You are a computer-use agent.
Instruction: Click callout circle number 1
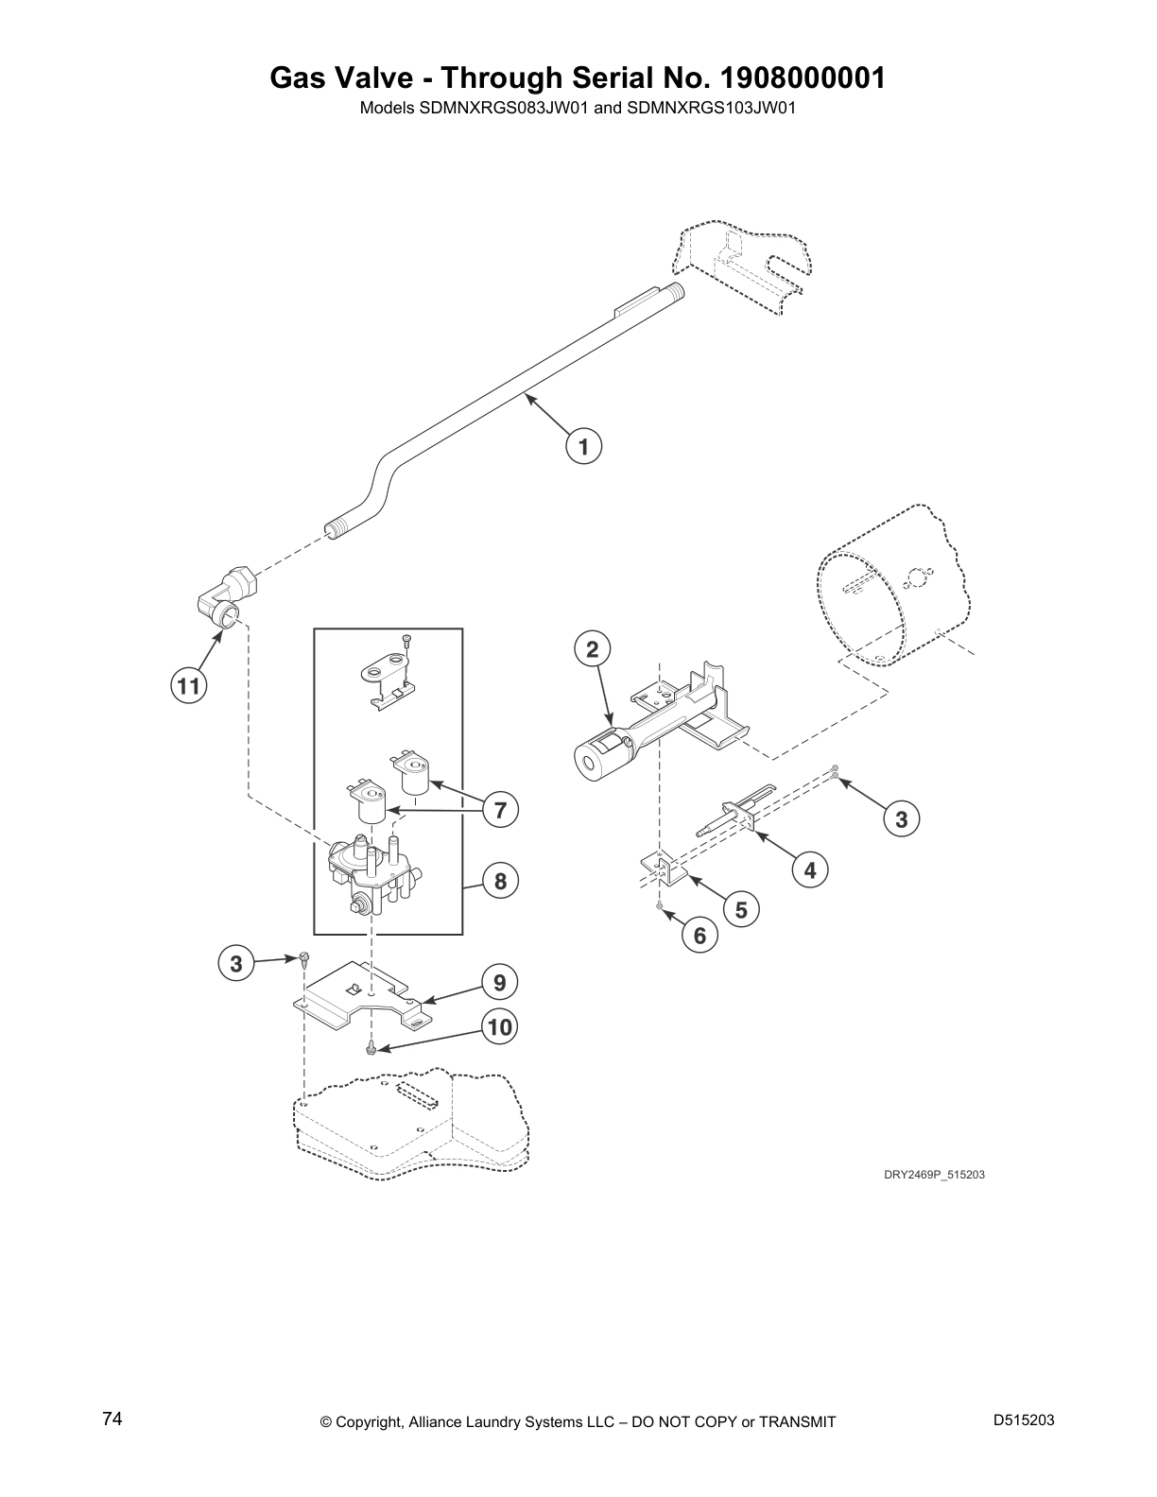point(584,445)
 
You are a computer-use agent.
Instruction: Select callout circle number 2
point(593,649)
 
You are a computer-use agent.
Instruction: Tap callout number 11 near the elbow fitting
point(189,686)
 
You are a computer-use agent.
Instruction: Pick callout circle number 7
point(500,809)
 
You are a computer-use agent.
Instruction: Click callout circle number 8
point(500,882)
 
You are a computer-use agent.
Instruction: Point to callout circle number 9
point(500,982)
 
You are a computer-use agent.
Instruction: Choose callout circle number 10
point(500,1027)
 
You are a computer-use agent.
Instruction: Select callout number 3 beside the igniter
point(901,819)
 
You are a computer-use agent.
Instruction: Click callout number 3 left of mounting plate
point(235,964)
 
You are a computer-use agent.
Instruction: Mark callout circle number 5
point(741,909)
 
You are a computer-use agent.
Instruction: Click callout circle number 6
point(699,936)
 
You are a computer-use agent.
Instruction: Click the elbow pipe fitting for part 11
point(228,599)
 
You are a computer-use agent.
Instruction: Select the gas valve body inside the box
point(371,874)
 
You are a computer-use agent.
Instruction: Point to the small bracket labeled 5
point(663,869)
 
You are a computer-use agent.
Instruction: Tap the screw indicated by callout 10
point(371,1048)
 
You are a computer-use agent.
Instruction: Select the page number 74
point(112,1420)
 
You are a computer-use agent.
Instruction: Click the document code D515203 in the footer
point(1024,1420)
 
